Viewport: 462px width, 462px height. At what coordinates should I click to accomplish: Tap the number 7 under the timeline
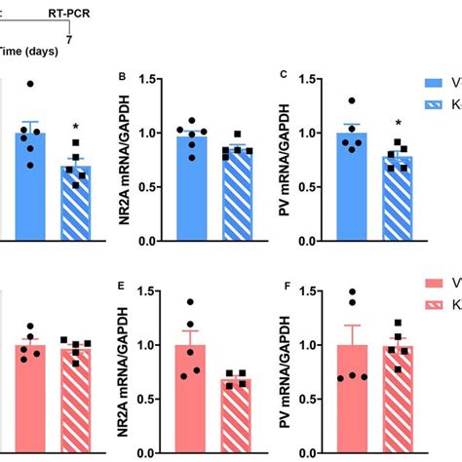(x=68, y=40)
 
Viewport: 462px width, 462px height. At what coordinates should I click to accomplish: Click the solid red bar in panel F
(x=352, y=400)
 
